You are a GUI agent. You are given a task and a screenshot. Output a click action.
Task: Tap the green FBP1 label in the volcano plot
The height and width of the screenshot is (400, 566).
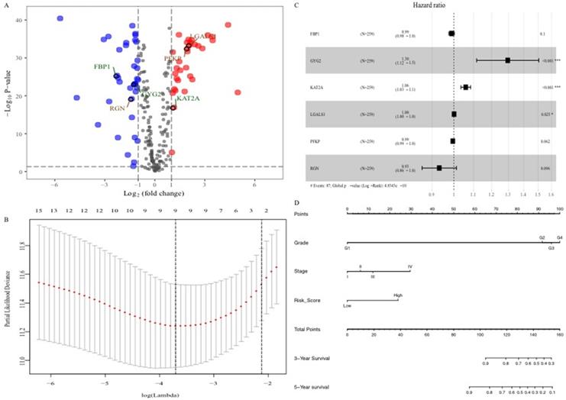pos(103,67)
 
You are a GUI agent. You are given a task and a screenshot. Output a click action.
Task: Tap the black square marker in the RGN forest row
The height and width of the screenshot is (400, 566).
pos(439,167)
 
